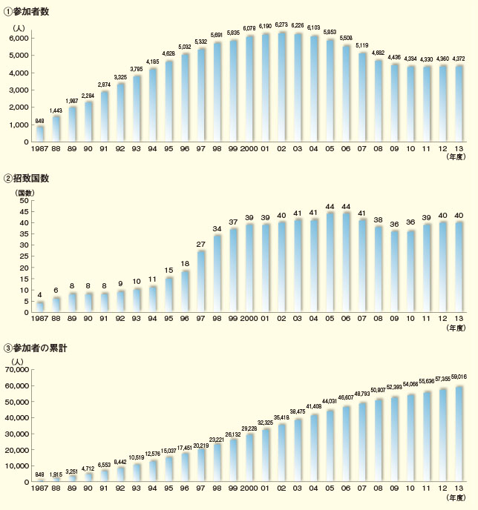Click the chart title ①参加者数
coord(30,13)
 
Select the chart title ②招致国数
coord(30,179)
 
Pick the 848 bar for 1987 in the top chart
coord(40,133)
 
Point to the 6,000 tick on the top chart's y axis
coord(19,38)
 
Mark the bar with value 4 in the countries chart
coord(40,307)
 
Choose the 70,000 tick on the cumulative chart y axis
coord(17,368)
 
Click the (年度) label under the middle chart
coord(454,327)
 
